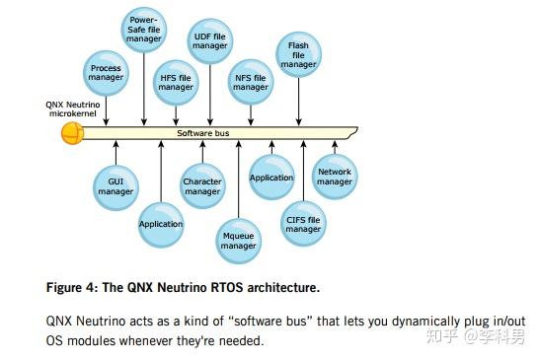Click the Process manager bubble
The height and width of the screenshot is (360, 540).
(106, 74)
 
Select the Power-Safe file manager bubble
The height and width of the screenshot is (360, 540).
(145, 31)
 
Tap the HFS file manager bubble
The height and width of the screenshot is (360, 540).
(176, 81)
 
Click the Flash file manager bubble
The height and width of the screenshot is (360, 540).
(299, 54)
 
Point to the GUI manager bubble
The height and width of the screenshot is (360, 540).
(116, 185)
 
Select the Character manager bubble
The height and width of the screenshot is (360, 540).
(202, 185)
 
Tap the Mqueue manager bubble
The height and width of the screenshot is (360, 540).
(239, 239)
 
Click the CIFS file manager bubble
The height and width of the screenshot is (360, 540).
(303, 223)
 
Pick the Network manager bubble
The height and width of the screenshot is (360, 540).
(334, 177)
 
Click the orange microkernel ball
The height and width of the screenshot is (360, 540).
(72, 132)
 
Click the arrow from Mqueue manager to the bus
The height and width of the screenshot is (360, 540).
(239, 178)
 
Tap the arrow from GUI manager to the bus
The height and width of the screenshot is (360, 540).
(116, 152)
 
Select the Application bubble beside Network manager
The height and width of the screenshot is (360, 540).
(271, 178)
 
